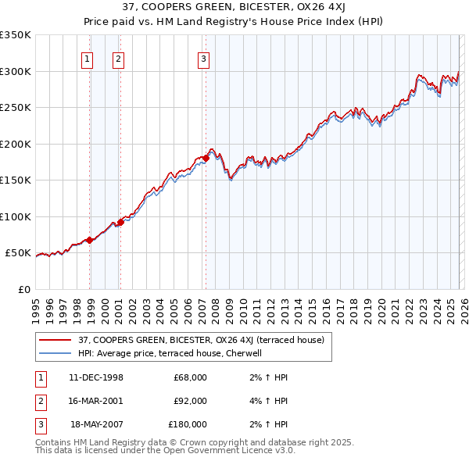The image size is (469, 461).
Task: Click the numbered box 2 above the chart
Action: coord(118,58)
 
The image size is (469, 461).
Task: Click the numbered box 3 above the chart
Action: coord(203,58)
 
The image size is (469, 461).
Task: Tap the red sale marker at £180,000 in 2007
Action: coord(206,158)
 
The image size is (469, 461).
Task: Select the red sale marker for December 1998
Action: coord(90,240)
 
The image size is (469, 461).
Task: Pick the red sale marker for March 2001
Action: coord(121,222)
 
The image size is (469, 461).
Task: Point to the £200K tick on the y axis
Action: coord(16,144)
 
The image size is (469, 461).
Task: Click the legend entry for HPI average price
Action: coord(175,353)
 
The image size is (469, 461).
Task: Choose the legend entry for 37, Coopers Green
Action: coord(206,340)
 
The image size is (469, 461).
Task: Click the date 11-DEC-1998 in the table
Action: coord(95,377)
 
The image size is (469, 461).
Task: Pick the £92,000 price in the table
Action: coord(190,401)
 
